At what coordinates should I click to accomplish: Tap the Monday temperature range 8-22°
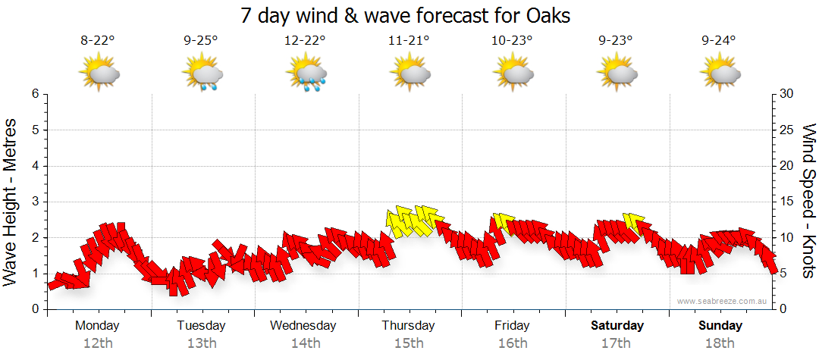98,41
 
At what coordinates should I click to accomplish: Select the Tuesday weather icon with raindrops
202,74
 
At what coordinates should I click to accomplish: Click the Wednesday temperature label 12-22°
305,41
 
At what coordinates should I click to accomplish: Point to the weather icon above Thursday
409,73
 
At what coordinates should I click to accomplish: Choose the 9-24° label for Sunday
719,41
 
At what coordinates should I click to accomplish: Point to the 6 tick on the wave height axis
35,94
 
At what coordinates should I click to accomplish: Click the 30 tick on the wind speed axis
787,94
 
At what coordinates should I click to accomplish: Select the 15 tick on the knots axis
786,202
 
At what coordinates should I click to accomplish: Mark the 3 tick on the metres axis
35,202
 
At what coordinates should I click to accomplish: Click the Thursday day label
408,326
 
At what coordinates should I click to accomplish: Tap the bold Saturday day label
617,326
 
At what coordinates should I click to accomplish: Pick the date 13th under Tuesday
201,343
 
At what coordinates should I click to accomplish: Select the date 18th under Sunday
720,343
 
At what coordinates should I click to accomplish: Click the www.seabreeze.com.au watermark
723,302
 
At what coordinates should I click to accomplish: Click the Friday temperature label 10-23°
512,41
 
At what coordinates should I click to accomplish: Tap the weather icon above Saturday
616,73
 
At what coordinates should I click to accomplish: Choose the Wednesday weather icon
306,74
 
